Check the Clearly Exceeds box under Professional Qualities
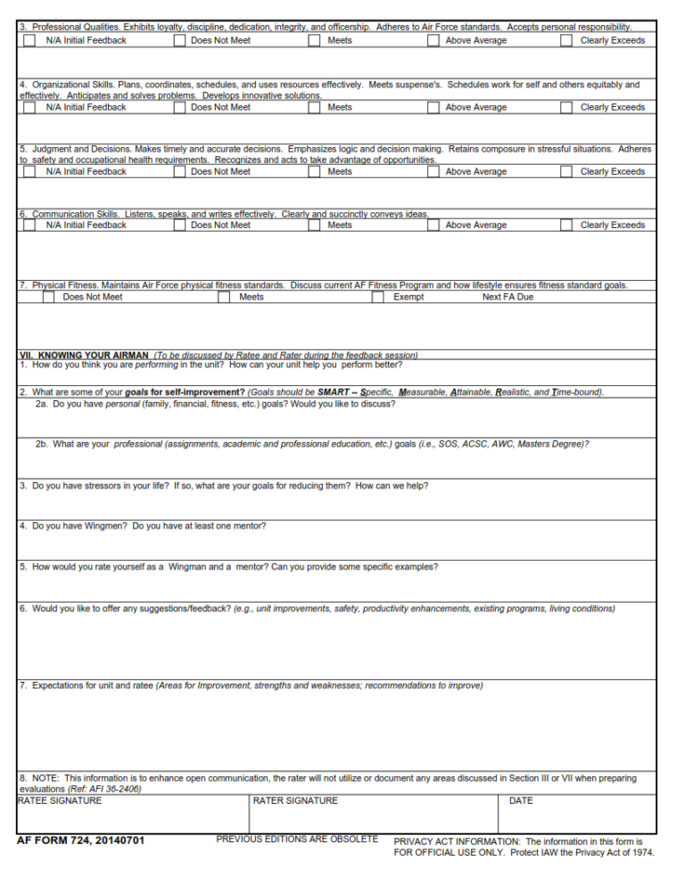pyautogui.click(x=566, y=40)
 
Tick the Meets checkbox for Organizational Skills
pyautogui.click(x=315, y=107)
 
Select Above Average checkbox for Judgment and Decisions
pyautogui.click(x=433, y=172)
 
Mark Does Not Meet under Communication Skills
pyautogui.click(x=179, y=225)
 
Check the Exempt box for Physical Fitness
pyautogui.click(x=378, y=297)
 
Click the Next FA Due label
pyautogui.click(x=508, y=297)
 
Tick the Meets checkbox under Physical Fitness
pyautogui.click(x=224, y=297)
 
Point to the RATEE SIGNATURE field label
pyautogui.click(x=60, y=800)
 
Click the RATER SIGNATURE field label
pyautogui.click(x=295, y=800)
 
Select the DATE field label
pyautogui.click(x=521, y=800)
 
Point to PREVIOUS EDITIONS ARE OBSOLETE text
pyautogui.click(x=297, y=839)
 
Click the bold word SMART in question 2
pyautogui.click(x=333, y=392)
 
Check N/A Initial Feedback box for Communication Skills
pyautogui.click(x=30, y=225)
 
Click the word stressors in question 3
pyautogui.click(x=94, y=486)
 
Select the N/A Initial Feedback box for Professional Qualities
pyautogui.click(x=30, y=40)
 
